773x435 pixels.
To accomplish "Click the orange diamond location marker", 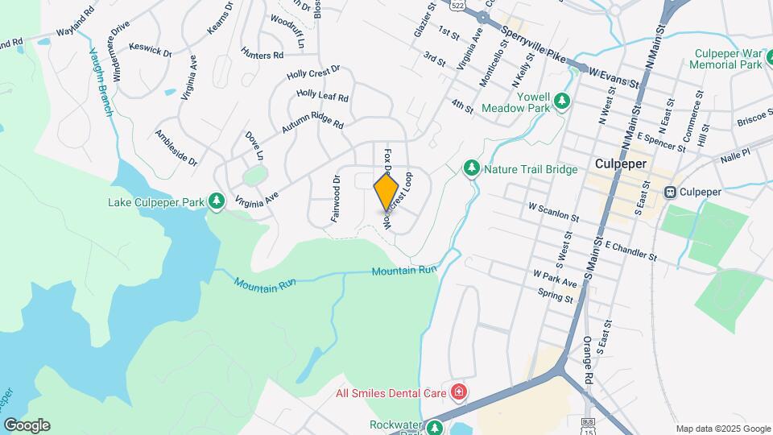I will pyautogui.click(x=386, y=193).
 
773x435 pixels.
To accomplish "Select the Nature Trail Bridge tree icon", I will pyautogui.click(x=472, y=168).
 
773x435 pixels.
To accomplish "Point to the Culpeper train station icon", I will pyautogui.click(x=669, y=192).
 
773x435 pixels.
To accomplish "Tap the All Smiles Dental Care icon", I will pyautogui.click(x=459, y=392).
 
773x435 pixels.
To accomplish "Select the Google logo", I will pyautogui.click(x=26, y=425).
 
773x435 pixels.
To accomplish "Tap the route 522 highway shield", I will pyautogui.click(x=457, y=5).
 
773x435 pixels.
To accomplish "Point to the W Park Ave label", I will pyautogui.click(x=554, y=279).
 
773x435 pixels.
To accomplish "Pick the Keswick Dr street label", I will pyautogui.click(x=151, y=51).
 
